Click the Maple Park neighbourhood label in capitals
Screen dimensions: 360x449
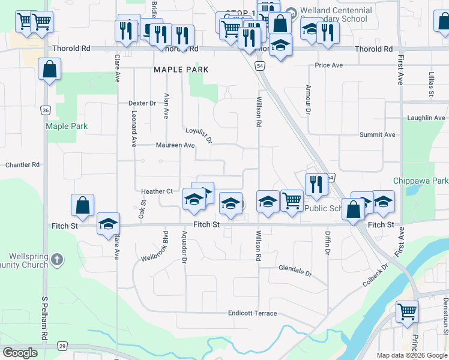coord(181,70)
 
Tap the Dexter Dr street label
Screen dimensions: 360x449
coord(142,103)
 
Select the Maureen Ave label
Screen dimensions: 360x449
coord(175,145)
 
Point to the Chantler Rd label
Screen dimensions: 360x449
coord(22,164)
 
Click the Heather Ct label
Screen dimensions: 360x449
coord(157,191)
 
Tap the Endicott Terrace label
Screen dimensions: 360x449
coord(252,313)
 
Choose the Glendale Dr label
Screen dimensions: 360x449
coord(295,271)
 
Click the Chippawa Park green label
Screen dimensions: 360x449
coord(421,181)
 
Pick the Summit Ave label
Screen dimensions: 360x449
coord(377,135)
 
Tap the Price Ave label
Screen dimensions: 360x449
coord(328,65)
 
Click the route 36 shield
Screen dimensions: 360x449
coord(46,110)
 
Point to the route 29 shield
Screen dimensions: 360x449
coord(62,346)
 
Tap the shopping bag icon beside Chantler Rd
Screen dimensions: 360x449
coord(83,205)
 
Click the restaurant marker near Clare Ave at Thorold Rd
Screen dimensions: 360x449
coord(125,32)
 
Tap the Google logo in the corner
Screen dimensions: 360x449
coord(20,353)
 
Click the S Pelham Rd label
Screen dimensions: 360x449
coord(44,311)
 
